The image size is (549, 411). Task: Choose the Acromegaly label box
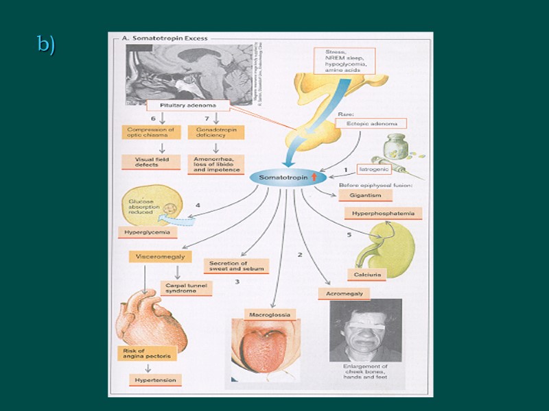coord(344,293)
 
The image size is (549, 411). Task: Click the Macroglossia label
coord(271,314)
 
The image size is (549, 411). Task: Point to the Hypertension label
coord(155,379)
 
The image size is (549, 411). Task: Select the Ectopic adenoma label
coord(371,124)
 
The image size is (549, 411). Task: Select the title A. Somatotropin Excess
coord(164,38)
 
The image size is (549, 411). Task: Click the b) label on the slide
coord(46,45)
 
